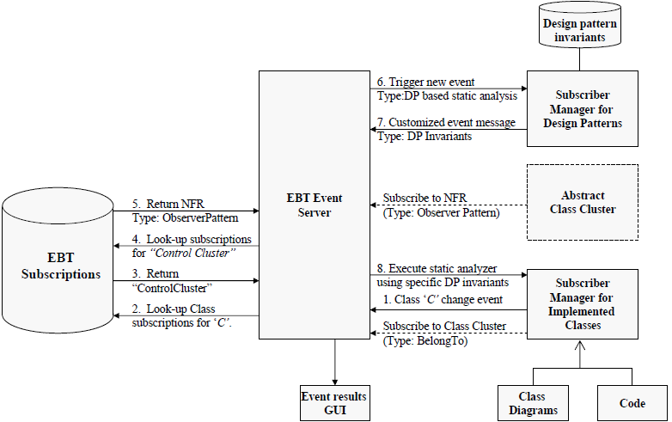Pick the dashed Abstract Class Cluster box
pyautogui.click(x=582, y=201)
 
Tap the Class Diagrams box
pyautogui.click(x=533, y=404)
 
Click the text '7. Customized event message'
pyautogui.click(x=444, y=123)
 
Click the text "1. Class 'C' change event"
pyautogui.click(x=443, y=300)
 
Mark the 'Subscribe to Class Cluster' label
pyautogui.click(x=445, y=326)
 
